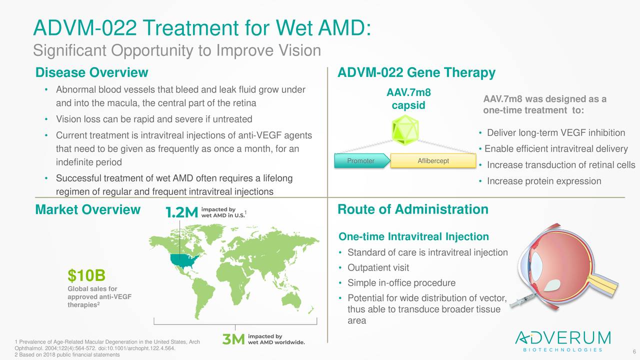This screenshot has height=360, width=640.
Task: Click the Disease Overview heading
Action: pos(91,73)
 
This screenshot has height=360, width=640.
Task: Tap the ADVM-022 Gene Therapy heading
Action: pos(416,73)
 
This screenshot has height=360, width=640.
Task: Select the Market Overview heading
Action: pos(87,209)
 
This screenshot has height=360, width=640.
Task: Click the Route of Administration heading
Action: pos(413,209)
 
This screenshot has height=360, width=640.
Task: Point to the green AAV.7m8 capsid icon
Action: pos(405,130)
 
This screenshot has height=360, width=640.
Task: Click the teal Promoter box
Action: pos(361,161)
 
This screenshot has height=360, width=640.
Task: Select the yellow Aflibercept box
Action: pos(432,161)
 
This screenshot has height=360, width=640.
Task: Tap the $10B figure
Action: pos(86,275)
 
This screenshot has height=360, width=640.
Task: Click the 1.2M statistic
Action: pos(182,213)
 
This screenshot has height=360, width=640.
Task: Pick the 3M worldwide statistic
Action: pos(233,339)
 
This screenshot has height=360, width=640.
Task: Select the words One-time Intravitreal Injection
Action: pos(413,236)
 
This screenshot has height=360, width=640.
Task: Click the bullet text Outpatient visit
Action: pos(378,267)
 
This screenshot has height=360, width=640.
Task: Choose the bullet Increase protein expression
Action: pos(543,181)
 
